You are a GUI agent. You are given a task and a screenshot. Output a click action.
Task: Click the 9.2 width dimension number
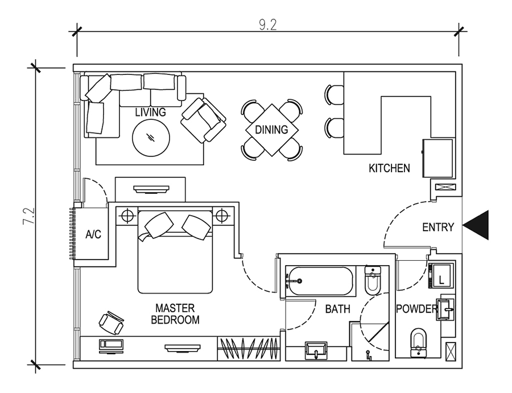coord(268,25)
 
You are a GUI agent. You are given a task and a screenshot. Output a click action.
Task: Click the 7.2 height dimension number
coord(29,216)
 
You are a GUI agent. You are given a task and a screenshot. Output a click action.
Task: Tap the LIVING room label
coord(151,112)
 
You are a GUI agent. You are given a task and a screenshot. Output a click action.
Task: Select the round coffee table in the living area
coord(151,137)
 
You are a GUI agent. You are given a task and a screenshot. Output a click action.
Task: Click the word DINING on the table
coord(271,129)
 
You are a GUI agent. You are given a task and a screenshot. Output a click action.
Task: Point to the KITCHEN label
coord(389,168)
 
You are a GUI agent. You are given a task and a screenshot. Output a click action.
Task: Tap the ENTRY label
coord(438,227)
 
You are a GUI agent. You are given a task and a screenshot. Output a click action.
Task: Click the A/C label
coord(93,234)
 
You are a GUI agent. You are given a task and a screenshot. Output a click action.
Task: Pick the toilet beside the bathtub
coord(373,280)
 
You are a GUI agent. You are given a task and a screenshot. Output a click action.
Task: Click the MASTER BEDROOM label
coord(175,314)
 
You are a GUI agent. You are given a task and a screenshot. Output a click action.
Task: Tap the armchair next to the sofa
coord(204,120)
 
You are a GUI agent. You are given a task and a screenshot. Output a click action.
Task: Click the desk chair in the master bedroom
coord(112,323)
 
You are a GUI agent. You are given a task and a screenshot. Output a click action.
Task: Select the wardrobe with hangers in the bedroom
coord(249,348)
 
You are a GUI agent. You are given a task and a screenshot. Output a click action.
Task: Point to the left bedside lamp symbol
coord(127,215)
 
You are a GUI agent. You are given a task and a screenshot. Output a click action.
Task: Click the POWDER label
coord(416,308)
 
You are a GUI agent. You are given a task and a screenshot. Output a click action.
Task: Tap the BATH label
coord(337,308)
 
